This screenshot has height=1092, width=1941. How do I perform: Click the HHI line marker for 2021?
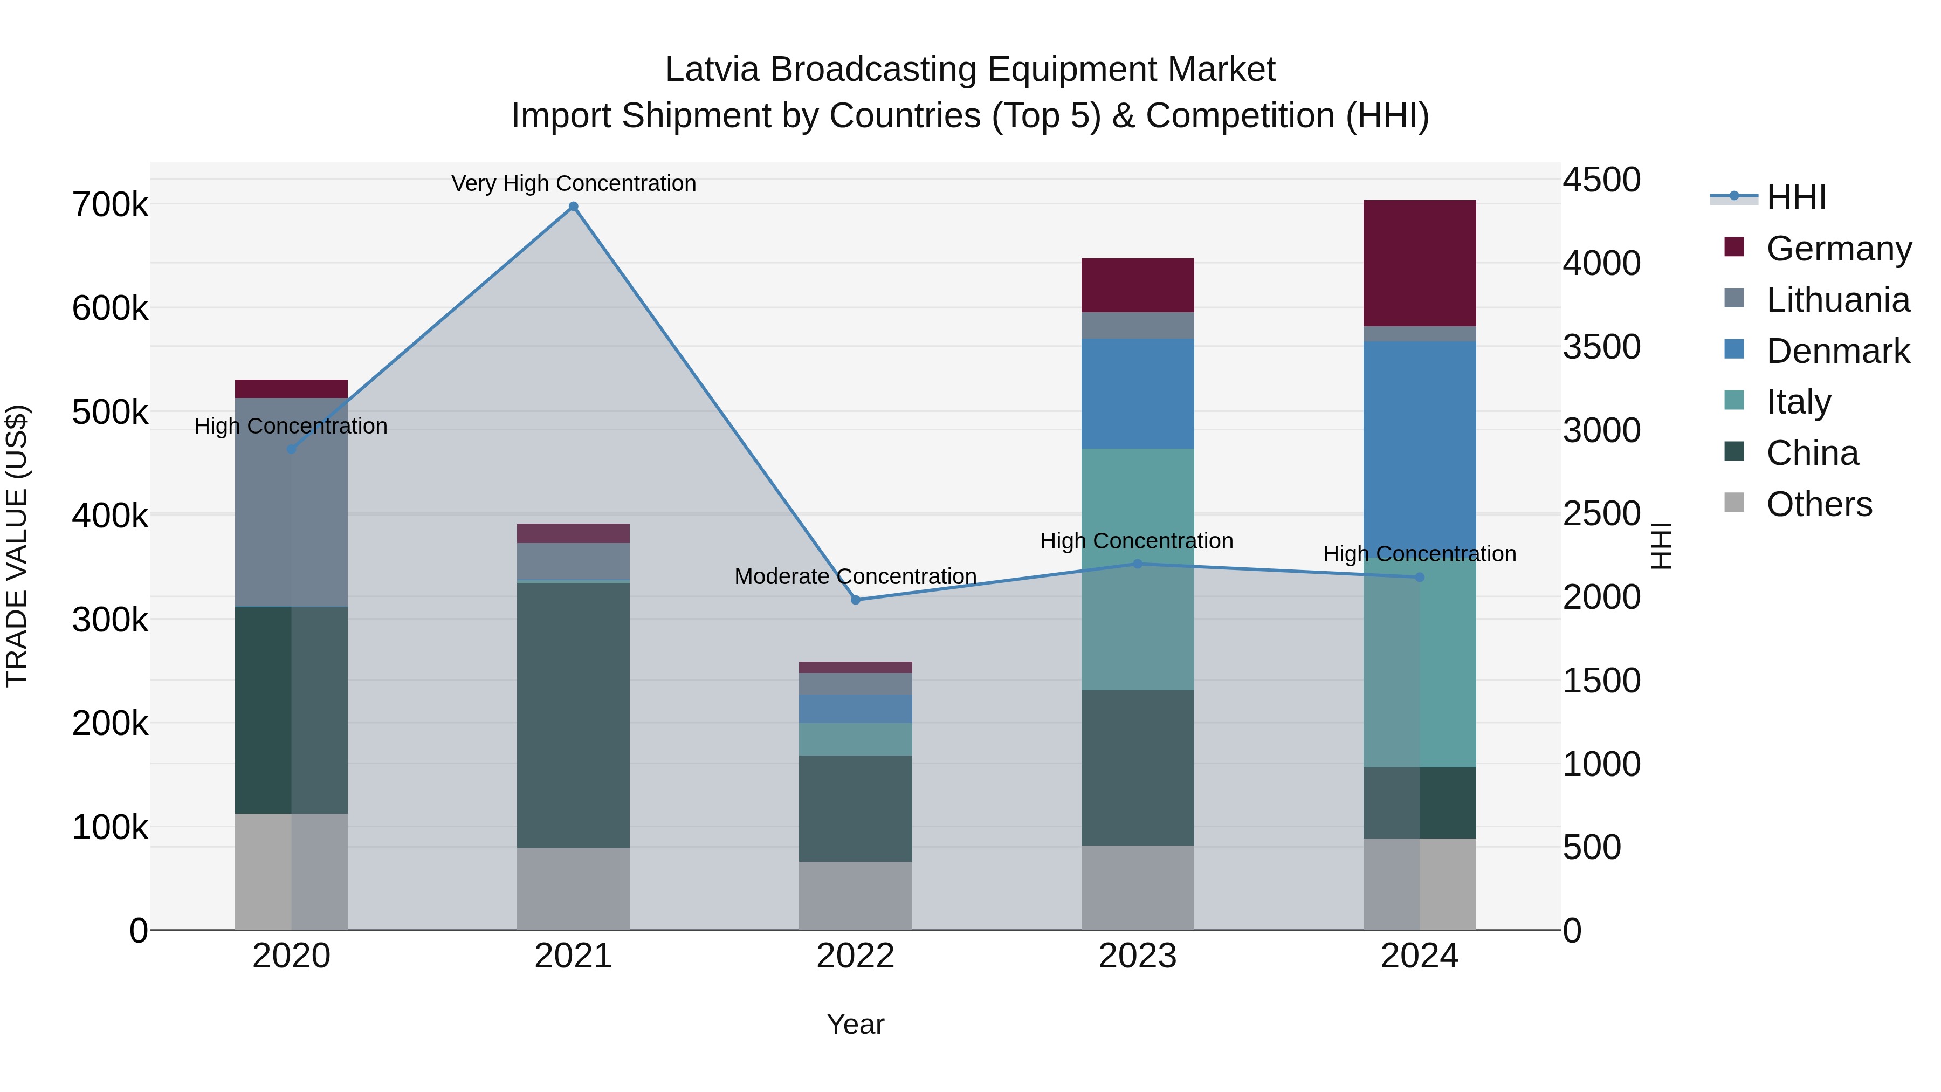[x=574, y=207]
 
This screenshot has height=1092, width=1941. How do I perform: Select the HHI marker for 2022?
[x=855, y=600]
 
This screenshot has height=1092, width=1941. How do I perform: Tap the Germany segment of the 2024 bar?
[x=1420, y=263]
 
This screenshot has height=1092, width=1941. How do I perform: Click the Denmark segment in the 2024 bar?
[x=1420, y=445]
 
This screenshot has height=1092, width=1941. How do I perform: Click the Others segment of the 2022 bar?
[x=855, y=895]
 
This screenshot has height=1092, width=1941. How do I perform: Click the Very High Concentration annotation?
[x=574, y=183]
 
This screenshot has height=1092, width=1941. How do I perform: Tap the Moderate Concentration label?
[x=855, y=576]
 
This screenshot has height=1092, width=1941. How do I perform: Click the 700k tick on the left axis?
[x=110, y=205]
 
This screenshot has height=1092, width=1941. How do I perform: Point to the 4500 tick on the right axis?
[x=1601, y=180]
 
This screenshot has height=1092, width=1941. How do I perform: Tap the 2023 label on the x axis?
[x=1138, y=956]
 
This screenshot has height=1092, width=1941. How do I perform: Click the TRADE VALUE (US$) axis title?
[x=17, y=546]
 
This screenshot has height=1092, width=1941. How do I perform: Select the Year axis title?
[x=855, y=1024]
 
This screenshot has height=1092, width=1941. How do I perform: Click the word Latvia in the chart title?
[x=712, y=70]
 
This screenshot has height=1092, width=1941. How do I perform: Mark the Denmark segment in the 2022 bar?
[x=855, y=709]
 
